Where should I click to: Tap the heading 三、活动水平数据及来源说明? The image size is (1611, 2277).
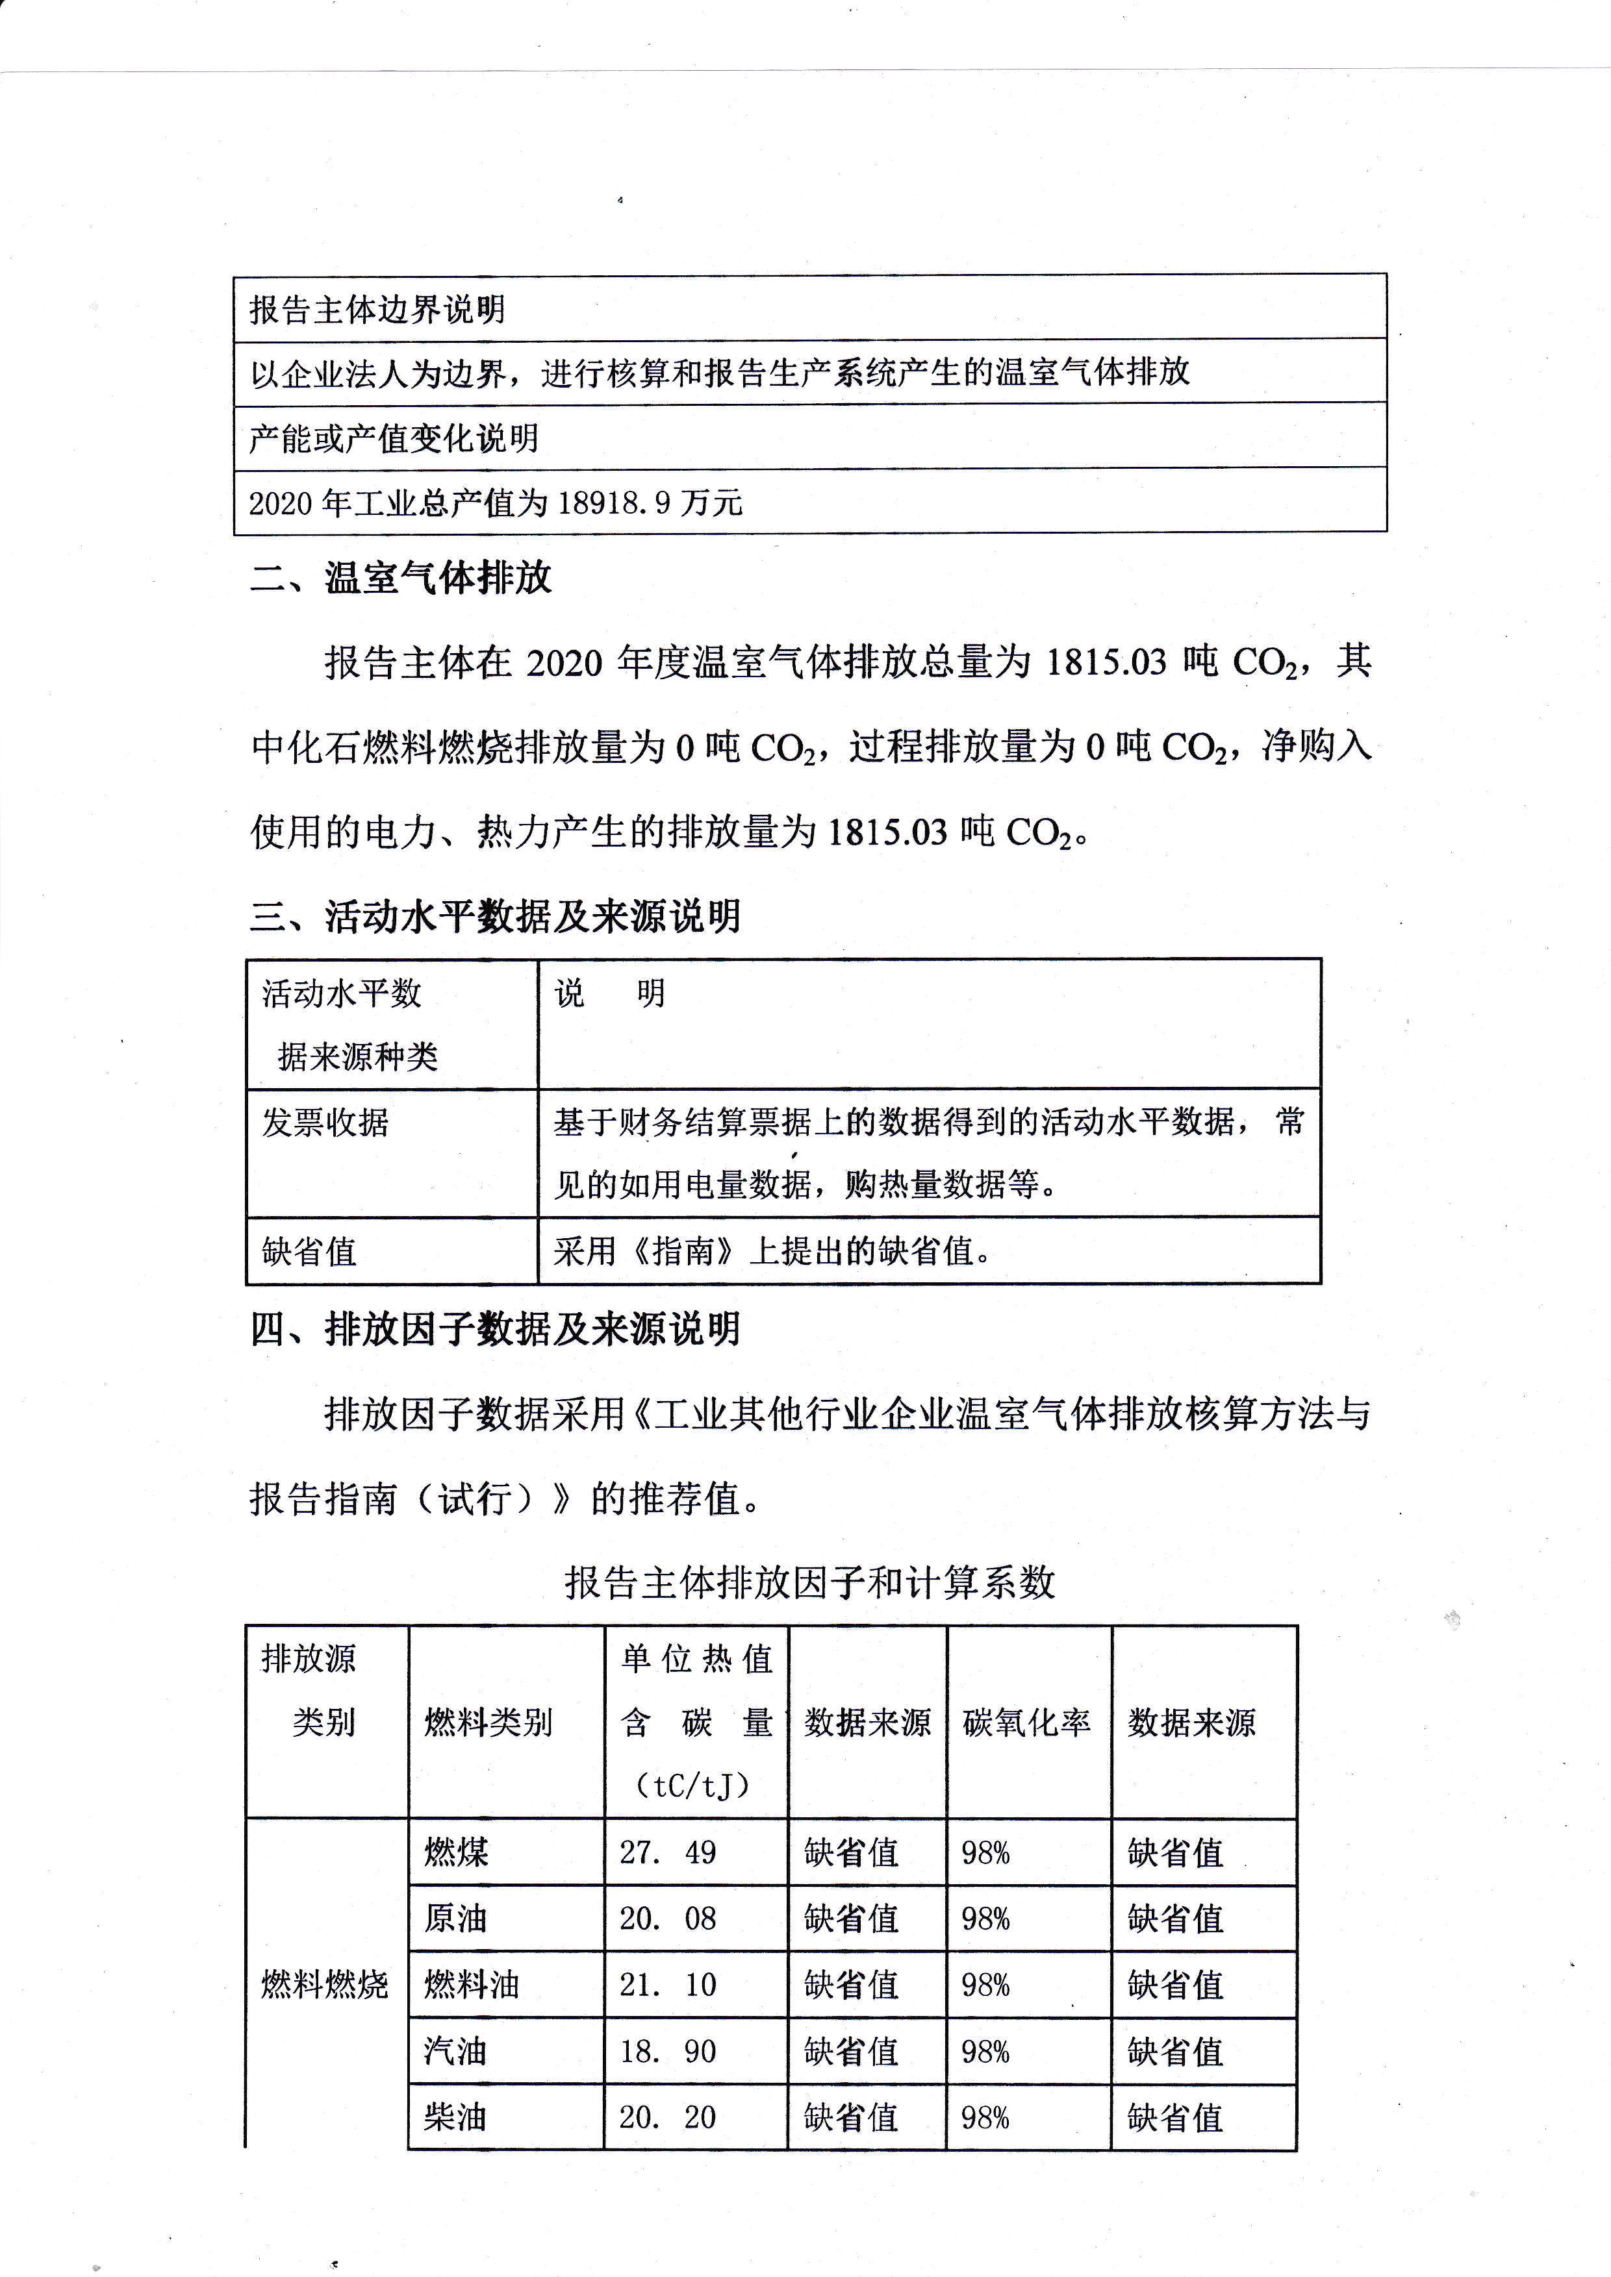pyautogui.click(x=495, y=915)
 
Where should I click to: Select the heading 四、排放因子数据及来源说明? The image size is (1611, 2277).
pyautogui.click(x=495, y=1329)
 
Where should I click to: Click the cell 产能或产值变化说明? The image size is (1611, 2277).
pyautogui.click(x=394, y=438)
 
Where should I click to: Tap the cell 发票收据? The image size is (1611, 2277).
pyautogui.click(x=325, y=1123)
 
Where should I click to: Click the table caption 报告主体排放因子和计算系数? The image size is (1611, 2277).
pyautogui.click(x=809, y=1582)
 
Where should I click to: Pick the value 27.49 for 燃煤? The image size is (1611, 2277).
pyautogui.click(x=668, y=1852)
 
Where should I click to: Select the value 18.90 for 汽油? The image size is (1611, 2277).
pyautogui.click(x=668, y=2051)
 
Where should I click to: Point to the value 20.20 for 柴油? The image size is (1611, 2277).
pyautogui.click(x=668, y=2117)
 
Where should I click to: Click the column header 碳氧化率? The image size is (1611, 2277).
pyautogui.click(x=1027, y=1723)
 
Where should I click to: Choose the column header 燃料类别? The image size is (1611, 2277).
pyautogui.click(x=488, y=1723)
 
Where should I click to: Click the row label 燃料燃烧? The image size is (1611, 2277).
pyautogui.click(x=324, y=1984)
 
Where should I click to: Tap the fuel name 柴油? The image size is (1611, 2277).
pyautogui.click(x=455, y=2117)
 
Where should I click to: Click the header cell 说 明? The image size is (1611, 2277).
pyautogui.click(x=609, y=993)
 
